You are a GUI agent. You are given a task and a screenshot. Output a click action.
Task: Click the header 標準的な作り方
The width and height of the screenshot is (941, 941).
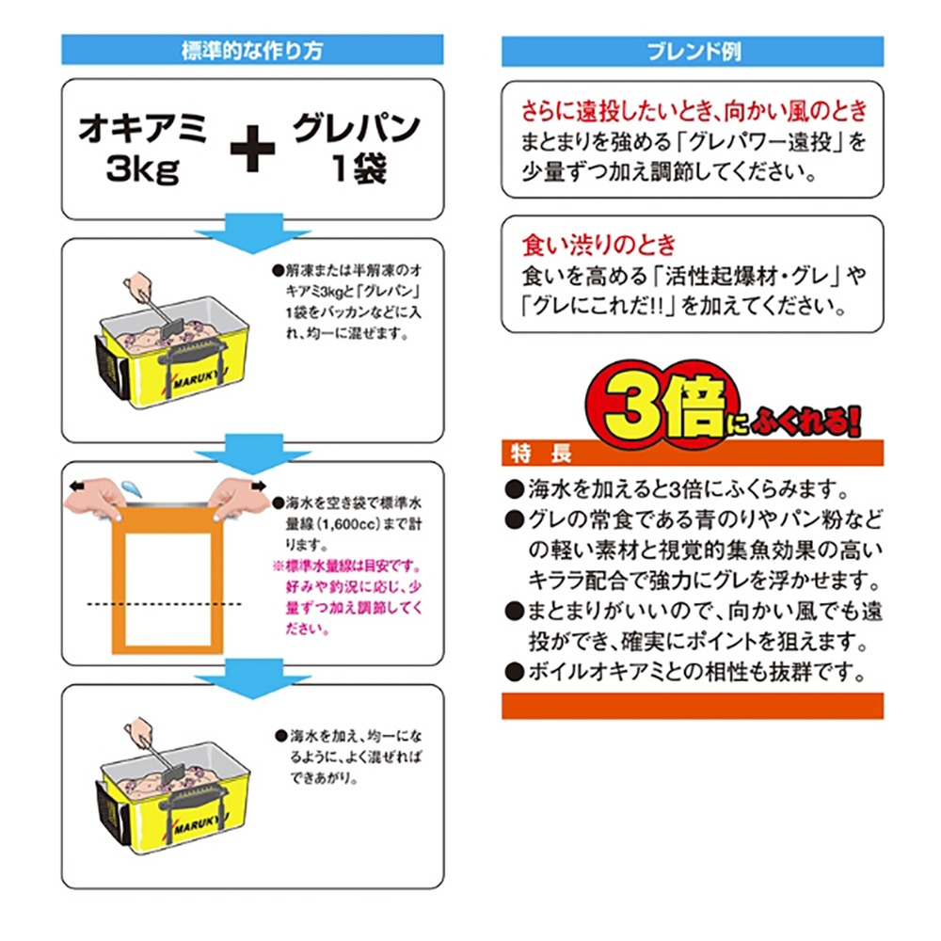[x=251, y=51]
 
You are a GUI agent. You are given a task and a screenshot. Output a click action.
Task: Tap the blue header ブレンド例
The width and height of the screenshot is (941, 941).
[x=692, y=51]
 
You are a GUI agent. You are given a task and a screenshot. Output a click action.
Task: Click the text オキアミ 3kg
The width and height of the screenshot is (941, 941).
[x=142, y=149]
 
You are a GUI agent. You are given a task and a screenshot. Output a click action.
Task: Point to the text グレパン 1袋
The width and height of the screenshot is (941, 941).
[x=353, y=149]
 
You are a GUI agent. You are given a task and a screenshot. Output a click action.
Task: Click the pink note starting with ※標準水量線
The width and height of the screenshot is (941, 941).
[x=345, y=598]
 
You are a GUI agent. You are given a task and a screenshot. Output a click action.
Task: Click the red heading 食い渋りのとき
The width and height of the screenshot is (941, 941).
[x=598, y=247]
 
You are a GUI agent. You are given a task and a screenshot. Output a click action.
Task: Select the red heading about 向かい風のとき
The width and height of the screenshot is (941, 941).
[x=693, y=112]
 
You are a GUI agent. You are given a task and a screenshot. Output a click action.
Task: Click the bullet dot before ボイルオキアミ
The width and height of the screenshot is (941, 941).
[x=513, y=673]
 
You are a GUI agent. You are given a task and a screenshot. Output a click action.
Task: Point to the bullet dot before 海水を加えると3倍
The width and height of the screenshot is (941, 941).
[x=513, y=490]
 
